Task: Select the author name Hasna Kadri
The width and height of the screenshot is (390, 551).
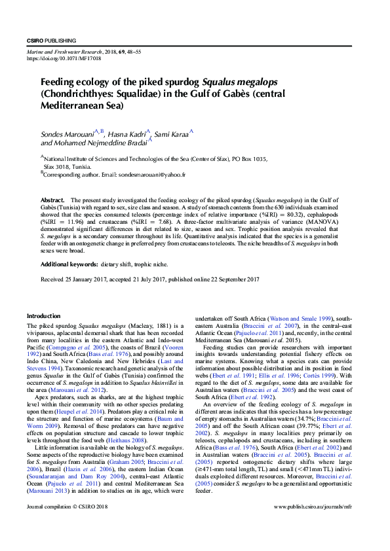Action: (128, 133)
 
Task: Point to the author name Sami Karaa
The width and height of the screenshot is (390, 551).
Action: (172, 133)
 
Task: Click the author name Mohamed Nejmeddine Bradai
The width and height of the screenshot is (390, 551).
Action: (94, 143)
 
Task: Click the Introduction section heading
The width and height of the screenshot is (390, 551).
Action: (43, 316)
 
